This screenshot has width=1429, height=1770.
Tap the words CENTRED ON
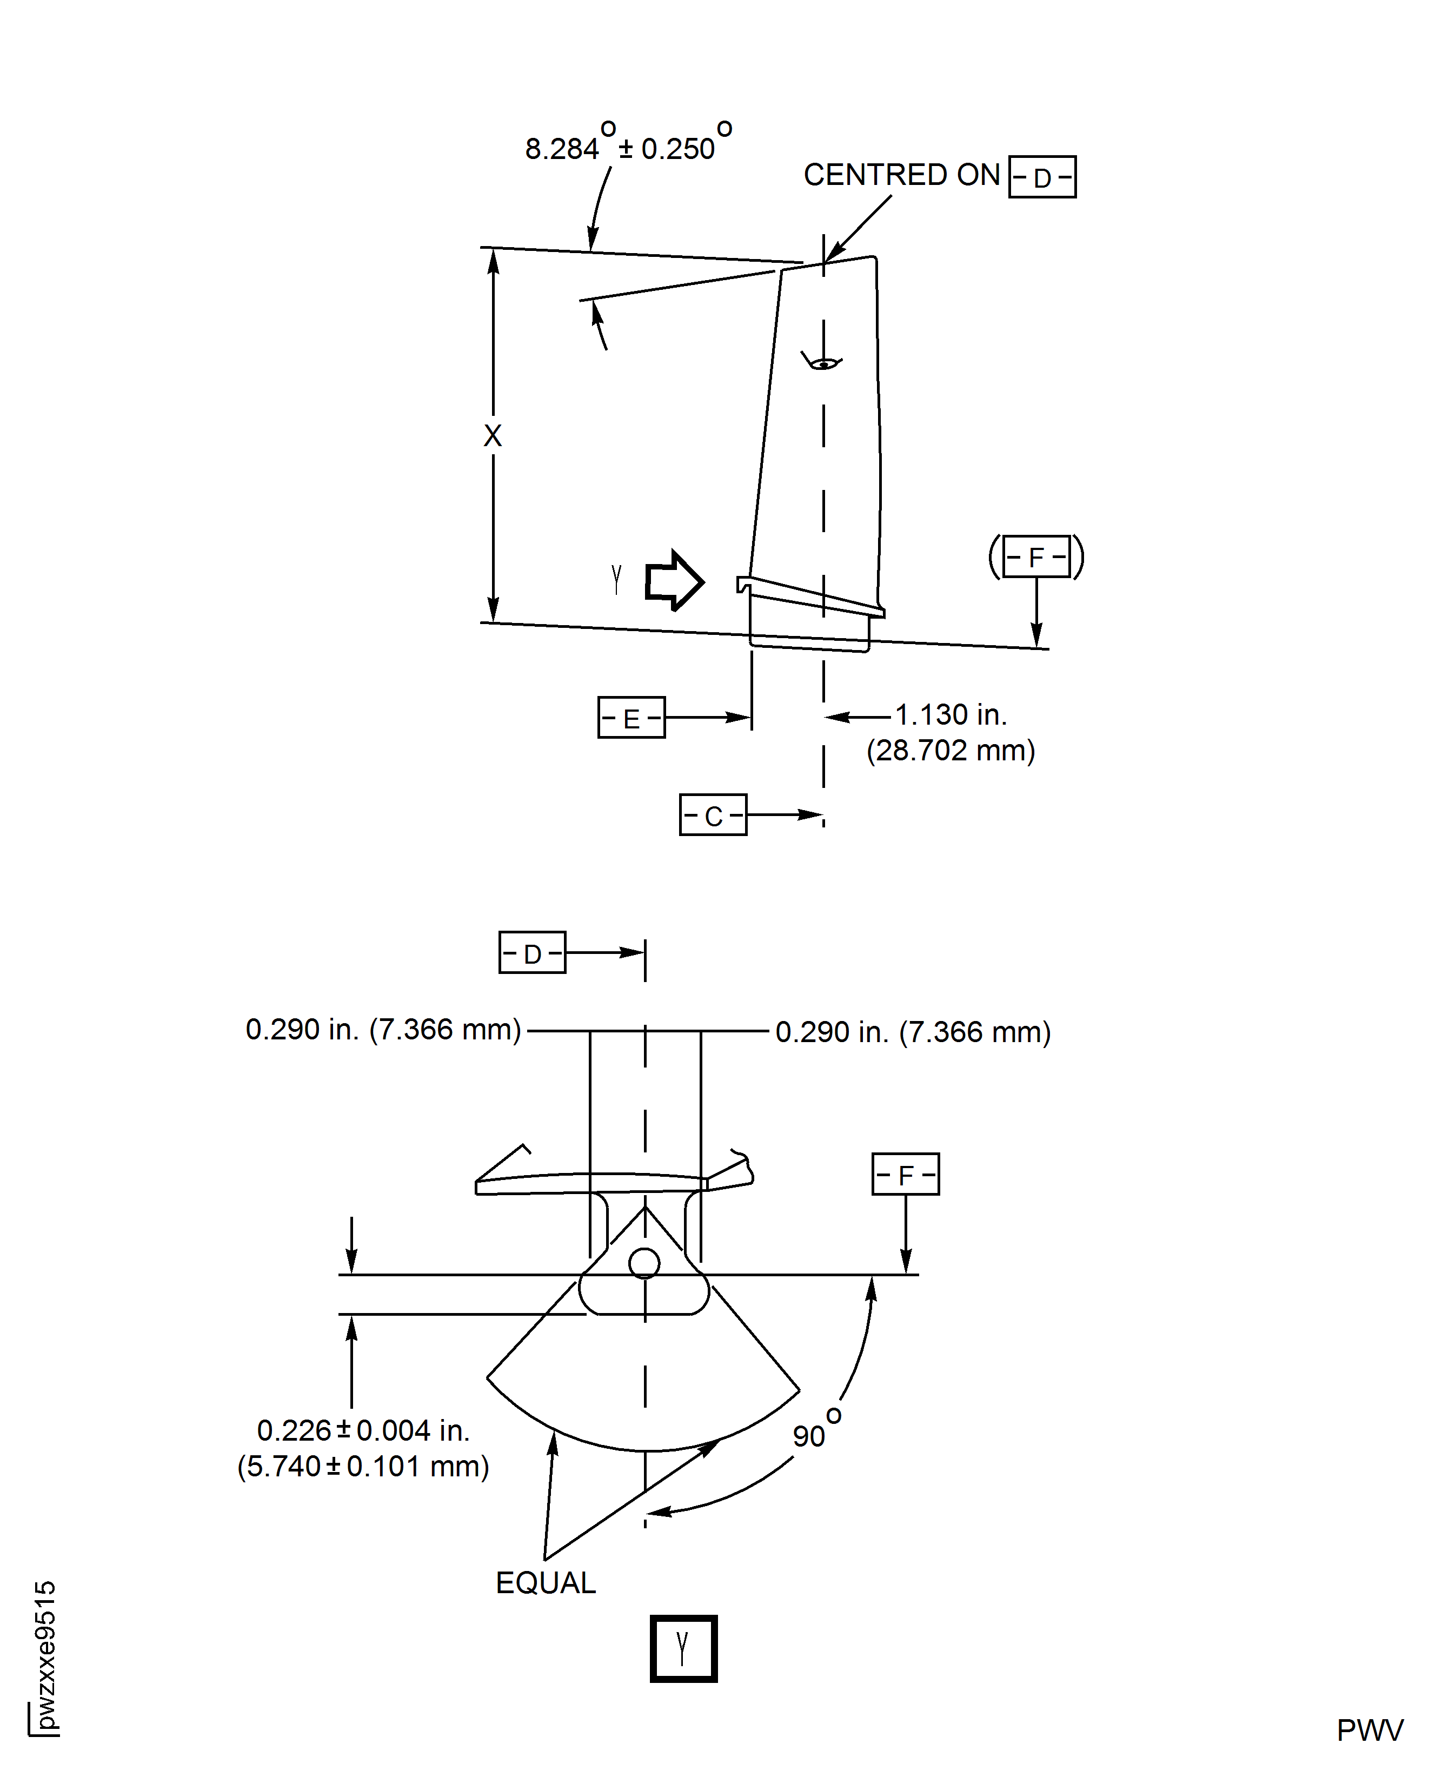[901, 175]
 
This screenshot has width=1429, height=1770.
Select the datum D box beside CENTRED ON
[1042, 177]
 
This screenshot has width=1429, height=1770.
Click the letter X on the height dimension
[492, 435]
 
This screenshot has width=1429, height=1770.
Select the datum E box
[632, 717]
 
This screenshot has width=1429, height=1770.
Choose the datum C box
[713, 815]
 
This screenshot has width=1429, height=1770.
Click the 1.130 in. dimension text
[951, 714]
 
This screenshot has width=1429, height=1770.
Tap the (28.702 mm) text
[951, 751]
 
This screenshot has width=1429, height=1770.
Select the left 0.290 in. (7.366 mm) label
[383, 1029]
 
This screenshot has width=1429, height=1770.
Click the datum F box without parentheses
[906, 1174]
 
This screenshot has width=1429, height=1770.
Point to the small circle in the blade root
[644, 1263]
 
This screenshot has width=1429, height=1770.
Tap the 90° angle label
[815, 1433]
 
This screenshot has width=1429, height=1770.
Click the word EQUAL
[545, 1582]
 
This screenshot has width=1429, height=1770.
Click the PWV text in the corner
[1370, 1731]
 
